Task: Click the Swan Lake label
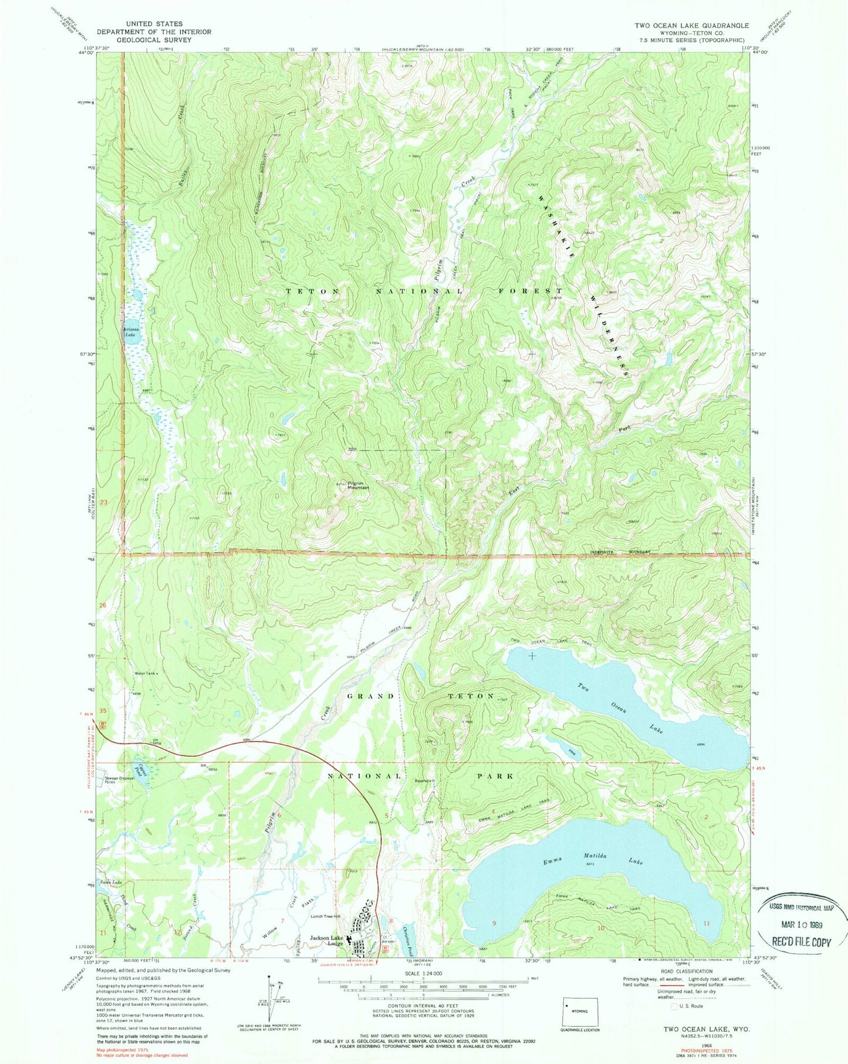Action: click(x=110, y=882)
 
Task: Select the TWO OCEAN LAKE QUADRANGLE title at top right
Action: click(x=691, y=25)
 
